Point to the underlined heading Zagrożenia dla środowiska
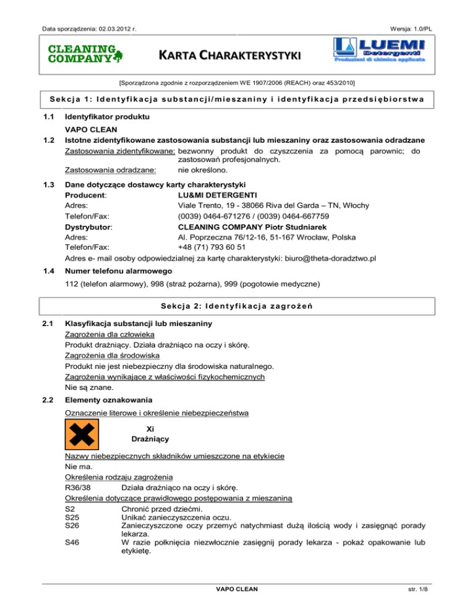coord(113,356)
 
